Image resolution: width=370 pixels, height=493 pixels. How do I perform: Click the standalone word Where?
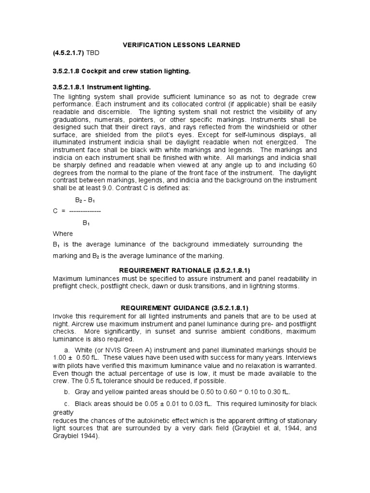(63, 234)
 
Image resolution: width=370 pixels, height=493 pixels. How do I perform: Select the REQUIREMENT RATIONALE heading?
(185, 271)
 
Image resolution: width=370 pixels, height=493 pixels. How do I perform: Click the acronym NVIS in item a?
(114, 349)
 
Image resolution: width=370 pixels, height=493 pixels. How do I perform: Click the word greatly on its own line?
(63, 413)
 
